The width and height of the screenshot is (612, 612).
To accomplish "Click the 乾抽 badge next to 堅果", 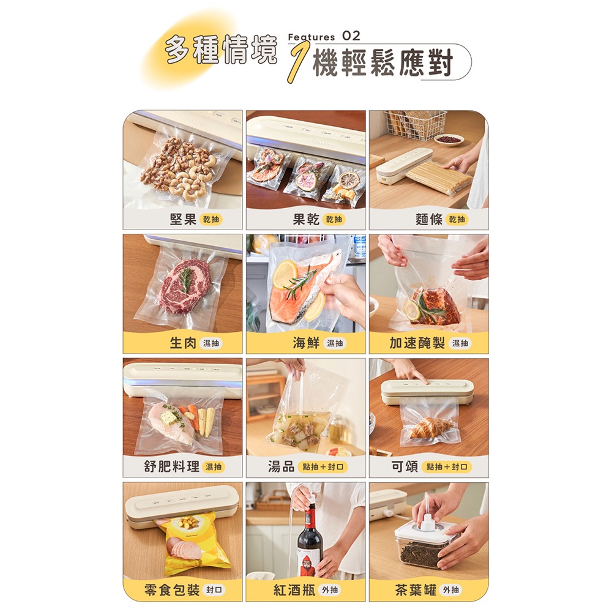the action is point(211,219).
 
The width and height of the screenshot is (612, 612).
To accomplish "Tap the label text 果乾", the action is point(306,219).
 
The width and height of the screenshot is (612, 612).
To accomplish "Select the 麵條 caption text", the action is point(429,219).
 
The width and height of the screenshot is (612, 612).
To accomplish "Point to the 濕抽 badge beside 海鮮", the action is point(335,343).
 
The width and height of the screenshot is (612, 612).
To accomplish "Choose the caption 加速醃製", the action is point(417,343).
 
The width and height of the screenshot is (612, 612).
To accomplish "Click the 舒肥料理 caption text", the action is point(172,466).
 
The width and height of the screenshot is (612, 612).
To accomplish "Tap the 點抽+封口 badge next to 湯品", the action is point(322,467).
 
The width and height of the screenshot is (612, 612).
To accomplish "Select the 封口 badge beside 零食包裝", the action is point(214,590).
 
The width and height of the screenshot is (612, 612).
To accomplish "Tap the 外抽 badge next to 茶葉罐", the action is point(450,590).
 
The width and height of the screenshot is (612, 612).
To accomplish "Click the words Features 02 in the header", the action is point(324,36).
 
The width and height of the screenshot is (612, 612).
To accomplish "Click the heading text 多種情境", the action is point(220,50).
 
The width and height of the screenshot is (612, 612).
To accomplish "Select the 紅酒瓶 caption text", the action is point(294,590).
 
